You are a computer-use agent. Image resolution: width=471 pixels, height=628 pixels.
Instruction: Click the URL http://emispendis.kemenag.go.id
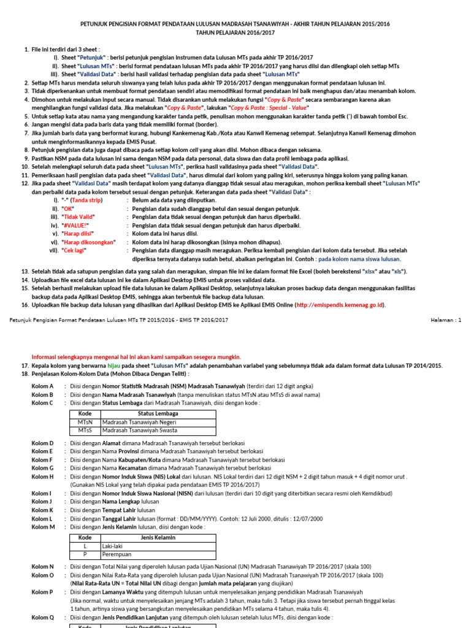click(x=340, y=305)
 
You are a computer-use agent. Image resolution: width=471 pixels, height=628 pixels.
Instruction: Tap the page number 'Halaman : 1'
click(x=446, y=320)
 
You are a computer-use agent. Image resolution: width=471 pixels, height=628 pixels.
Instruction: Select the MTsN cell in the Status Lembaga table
click(x=85, y=423)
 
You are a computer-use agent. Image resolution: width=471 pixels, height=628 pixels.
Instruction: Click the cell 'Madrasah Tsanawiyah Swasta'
click(x=139, y=431)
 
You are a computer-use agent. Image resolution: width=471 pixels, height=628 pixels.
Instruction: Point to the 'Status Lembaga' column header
click(x=158, y=415)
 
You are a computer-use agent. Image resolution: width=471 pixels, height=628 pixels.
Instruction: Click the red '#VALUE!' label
click(x=75, y=225)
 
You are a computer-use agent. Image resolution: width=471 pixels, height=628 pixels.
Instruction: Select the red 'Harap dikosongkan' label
click(x=88, y=242)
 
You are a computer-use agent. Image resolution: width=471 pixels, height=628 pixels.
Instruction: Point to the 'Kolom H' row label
click(x=42, y=477)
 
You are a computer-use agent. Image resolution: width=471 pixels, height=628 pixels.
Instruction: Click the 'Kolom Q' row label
click(x=42, y=618)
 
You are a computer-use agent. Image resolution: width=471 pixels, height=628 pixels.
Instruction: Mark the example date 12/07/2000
click(x=305, y=518)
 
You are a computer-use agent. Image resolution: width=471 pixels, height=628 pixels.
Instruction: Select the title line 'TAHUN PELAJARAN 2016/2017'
click(x=235, y=33)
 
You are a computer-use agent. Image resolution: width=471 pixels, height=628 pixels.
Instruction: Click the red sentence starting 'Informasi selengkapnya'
click(x=136, y=357)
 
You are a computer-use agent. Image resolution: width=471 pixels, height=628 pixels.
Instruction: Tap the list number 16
click(x=25, y=305)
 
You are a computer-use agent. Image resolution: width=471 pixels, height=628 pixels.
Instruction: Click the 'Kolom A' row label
click(x=42, y=386)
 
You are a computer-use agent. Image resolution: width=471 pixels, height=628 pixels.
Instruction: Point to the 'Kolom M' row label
click(x=43, y=526)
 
